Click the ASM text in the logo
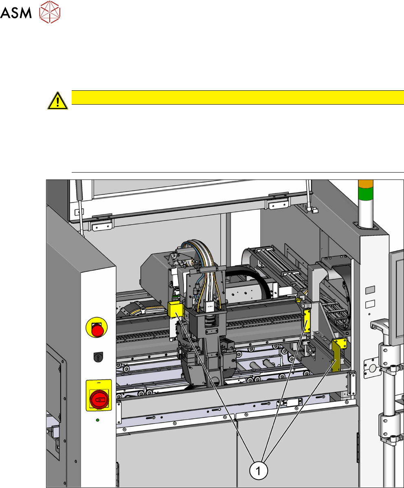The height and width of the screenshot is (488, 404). (16, 13)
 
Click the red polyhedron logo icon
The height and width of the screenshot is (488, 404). (50, 12)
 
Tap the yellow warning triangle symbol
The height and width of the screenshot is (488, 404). (57, 101)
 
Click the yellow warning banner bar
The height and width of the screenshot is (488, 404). (238, 97)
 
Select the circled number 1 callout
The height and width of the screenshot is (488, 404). (258, 471)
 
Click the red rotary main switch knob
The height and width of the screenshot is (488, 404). (99, 399)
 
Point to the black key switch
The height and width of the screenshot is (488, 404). (98, 357)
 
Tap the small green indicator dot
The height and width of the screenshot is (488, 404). (97, 420)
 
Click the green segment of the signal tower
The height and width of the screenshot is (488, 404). (366, 194)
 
